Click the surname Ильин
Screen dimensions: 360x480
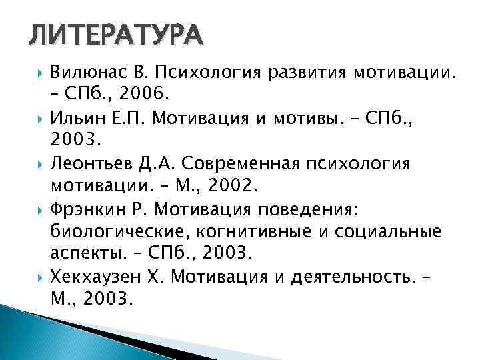click(75, 119)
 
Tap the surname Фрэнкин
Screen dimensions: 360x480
click(83, 209)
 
